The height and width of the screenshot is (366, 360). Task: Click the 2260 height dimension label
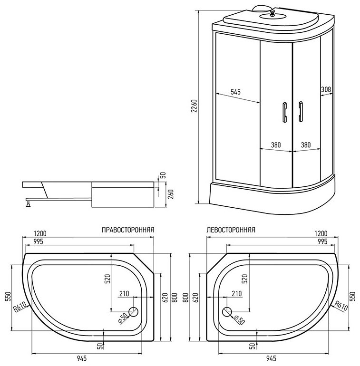(x=195, y=106)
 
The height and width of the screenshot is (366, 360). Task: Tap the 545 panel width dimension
(x=235, y=92)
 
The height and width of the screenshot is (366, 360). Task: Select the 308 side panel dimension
(x=326, y=89)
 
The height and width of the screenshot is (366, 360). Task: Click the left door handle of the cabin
(x=284, y=112)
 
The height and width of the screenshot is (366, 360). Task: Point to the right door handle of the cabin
(x=301, y=112)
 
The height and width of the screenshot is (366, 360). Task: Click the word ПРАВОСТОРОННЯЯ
(x=128, y=230)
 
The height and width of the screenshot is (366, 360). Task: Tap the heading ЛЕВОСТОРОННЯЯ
(x=231, y=230)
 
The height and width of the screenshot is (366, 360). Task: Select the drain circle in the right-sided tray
(x=133, y=312)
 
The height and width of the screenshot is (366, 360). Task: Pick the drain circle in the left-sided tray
(x=227, y=312)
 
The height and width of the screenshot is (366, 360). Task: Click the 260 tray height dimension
(x=171, y=194)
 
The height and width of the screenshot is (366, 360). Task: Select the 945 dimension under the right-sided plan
(x=82, y=358)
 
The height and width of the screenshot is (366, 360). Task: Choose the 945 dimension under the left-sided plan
(x=271, y=358)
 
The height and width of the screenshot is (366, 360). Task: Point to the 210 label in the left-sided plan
(x=237, y=293)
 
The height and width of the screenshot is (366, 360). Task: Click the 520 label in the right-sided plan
(x=107, y=279)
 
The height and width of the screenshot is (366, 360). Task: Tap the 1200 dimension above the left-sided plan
(x=321, y=233)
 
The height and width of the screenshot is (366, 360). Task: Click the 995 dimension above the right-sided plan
(x=39, y=241)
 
